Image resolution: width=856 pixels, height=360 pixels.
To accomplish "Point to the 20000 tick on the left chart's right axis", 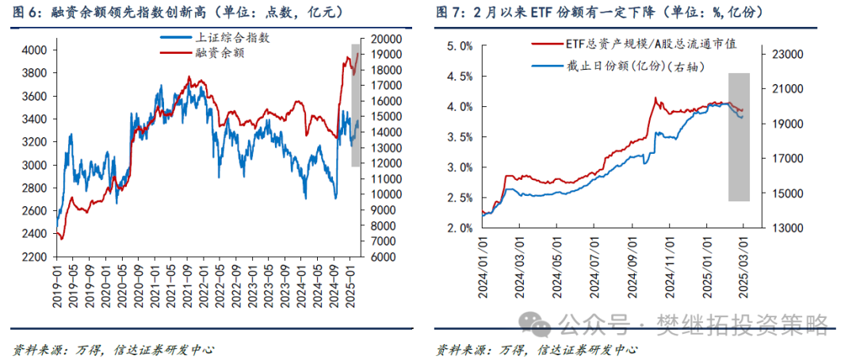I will coord(380,39).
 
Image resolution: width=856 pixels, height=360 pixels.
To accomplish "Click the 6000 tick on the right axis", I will coord(377,257).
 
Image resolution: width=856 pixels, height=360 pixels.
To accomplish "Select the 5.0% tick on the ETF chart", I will coord(460,46).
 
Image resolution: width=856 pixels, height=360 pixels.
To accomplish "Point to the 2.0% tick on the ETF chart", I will coord(460,228).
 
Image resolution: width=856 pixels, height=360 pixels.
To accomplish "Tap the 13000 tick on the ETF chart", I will coord(784,228).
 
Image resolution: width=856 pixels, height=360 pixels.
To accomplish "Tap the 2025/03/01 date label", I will coord(743,267).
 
